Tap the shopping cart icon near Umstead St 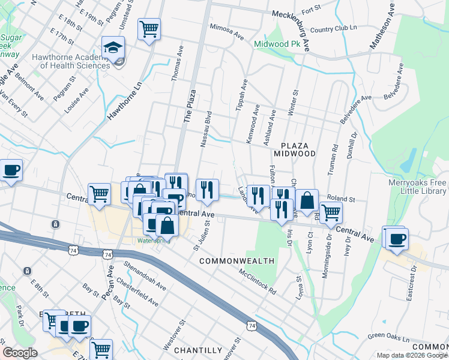click(149, 28)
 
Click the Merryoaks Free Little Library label click(417, 186)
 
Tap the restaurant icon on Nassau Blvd click(206, 190)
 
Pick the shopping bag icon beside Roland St click(307, 200)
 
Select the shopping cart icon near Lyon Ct click(331, 212)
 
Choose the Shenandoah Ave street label click(144, 275)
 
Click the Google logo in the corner click(20, 353)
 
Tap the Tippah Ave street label click(244, 92)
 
